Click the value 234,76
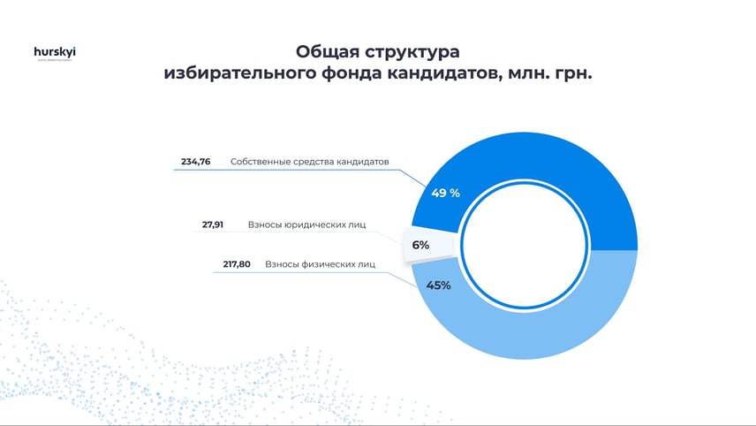tap(195, 162)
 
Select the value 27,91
tap(212, 224)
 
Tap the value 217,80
tap(234, 263)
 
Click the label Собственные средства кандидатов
tap(309, 162)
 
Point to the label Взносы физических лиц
tap(321, 263)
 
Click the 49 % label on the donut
tap(445, 193)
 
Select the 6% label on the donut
tap(420, 245)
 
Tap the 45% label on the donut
tap(439, 285)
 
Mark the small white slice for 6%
tap(428, 244)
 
